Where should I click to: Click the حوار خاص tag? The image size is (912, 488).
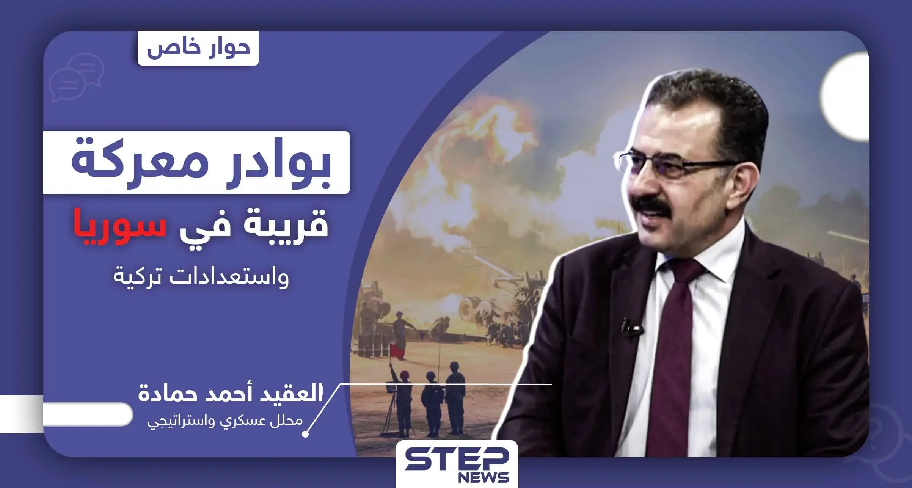(198, 48)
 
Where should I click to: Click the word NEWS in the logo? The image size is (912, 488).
(483, 477)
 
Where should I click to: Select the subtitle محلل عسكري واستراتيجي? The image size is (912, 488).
(224, 421)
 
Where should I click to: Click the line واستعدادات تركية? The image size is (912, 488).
(201, 276)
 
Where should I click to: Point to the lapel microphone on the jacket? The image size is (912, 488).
(631, 327)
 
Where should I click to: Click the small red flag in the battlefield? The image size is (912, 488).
(397, 351)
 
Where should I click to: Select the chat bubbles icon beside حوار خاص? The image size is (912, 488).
(76, 77)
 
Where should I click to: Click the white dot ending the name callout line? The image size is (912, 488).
(305, 435)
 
